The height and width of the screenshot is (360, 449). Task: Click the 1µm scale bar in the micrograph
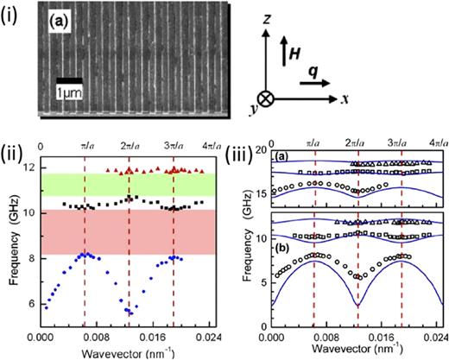[x=64, y=80]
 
